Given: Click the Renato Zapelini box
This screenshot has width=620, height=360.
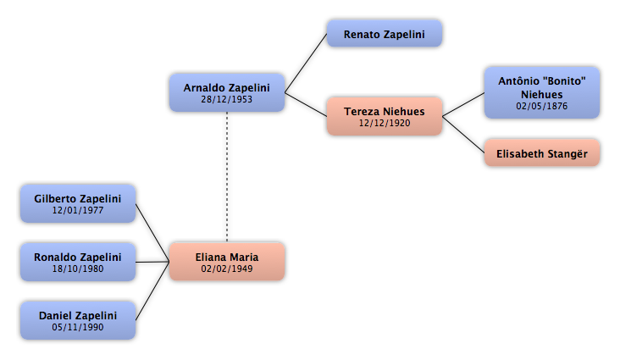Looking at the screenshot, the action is click(x=385, y=34).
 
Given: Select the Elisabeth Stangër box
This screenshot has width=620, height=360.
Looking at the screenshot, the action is click(x=542, y=153).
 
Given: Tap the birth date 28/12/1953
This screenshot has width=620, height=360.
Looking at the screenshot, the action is click(x=226, y=99).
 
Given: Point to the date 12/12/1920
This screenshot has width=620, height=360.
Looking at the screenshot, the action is click(x=385, y=123).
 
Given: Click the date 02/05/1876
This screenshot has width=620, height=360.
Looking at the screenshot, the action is click(x=542, y=106).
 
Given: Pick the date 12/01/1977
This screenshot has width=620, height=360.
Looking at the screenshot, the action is click(x=78, y=210).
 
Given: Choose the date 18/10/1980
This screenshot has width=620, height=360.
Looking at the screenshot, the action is click(x=78, y=269).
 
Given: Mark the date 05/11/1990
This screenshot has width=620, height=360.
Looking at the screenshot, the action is click(x=78, y=327).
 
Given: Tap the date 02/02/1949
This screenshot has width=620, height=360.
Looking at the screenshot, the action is click(x=226, y=269).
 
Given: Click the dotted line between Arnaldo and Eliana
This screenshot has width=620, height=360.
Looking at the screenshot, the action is click(x=227, y=177).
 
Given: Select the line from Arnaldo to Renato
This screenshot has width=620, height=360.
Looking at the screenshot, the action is click(x=306, y=64).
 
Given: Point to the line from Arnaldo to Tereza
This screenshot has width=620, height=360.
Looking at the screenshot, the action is click(x=306, y=105).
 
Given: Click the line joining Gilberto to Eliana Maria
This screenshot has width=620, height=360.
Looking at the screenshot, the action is click(x=152, y=233).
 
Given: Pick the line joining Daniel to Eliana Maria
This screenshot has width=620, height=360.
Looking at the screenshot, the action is click(x=152, y=291).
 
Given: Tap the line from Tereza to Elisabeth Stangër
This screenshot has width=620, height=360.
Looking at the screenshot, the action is click(x=463, y=135).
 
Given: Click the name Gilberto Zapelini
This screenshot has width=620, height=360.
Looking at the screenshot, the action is click(x=78, y=198).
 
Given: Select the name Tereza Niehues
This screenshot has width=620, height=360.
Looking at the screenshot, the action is click(x=385, y=112).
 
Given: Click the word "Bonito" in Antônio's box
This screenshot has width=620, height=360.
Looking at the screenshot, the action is click(x=564, y=81).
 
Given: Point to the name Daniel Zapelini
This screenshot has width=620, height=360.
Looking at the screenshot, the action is click(x=78, y=316).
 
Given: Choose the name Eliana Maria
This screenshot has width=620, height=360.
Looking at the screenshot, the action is click(x=226, y=258).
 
